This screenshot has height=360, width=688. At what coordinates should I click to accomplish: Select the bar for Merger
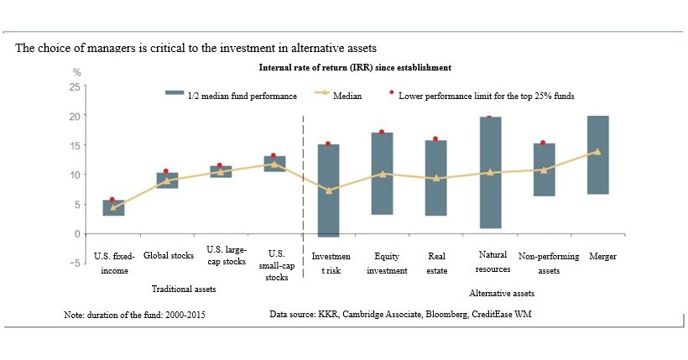coord(597,155)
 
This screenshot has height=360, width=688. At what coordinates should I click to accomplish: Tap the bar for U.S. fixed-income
coord(113,208)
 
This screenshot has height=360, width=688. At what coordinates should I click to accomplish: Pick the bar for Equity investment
coord(382,174)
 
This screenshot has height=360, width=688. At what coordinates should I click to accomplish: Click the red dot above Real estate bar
coord(435,139)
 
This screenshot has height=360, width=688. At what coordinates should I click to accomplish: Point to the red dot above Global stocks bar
coord(166,171)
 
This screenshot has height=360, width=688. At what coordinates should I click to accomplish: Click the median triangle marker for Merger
coord(597,152)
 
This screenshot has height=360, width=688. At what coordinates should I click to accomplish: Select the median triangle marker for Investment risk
coord(328,190)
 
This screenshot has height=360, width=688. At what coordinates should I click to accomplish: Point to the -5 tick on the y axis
coord(74,263)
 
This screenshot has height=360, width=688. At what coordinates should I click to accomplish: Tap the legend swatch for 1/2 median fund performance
coord(175,96)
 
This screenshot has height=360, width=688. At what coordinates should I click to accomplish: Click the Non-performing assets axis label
coord(545,263)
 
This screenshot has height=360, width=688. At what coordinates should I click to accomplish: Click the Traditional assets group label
coord(183,289)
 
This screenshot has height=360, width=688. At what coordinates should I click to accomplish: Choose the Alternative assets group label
coord(501,294)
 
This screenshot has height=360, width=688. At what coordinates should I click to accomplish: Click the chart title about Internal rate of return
coord(355,67)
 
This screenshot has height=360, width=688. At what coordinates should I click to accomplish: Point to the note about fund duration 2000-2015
coord(134,315)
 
